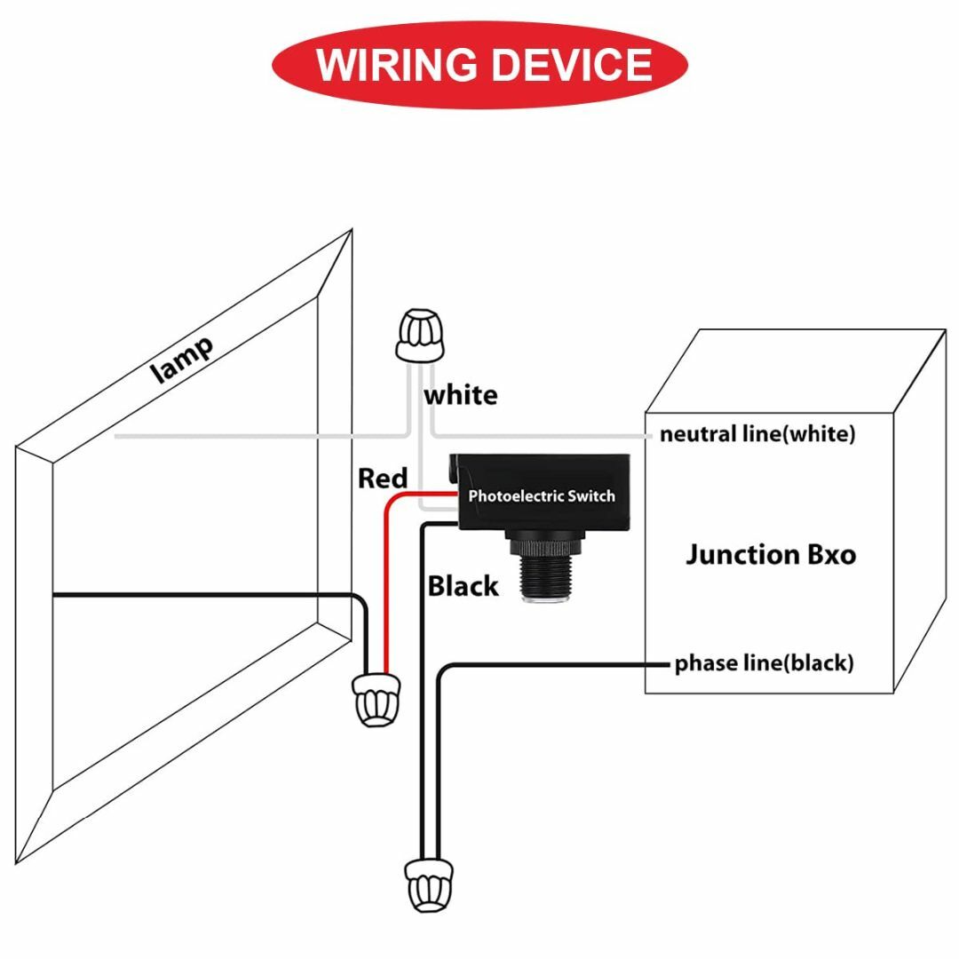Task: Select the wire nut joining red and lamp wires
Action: coord(376,700)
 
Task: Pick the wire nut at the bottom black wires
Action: coord(430,885)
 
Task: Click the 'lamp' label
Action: coord(182,361)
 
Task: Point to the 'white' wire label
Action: coord(461,395)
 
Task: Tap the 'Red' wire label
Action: coord(382,479)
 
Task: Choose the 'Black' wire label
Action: coord(463,586)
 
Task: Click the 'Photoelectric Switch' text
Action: coord(542,496)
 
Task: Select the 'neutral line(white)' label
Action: coord(757,434)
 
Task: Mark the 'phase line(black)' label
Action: coord(764,663)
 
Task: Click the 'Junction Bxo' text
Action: coord(771,555)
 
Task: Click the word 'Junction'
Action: coord(741,555)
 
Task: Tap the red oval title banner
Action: coord(480,65)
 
